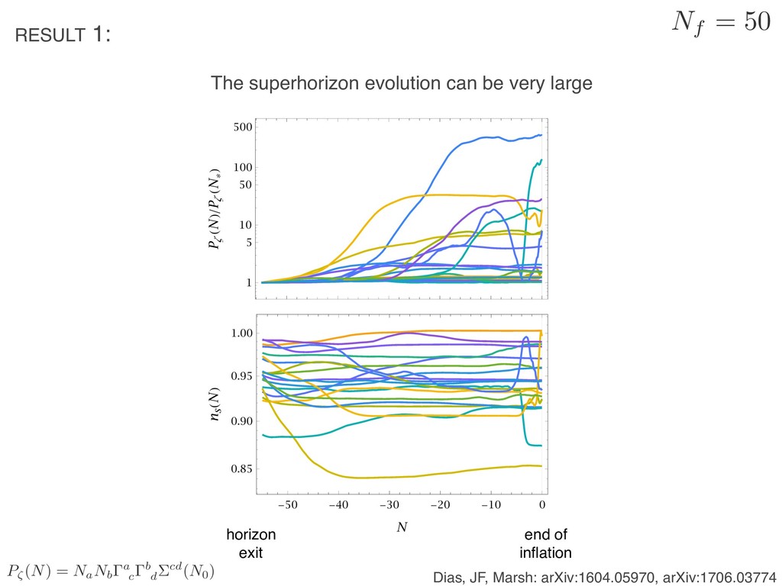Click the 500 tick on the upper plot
[242, 127]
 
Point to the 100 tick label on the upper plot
[242, 167]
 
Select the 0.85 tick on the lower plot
[241, 468]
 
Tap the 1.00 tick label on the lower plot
[241, 333]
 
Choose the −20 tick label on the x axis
[440, 504]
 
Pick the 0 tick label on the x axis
[541, 504]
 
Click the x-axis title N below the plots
[401, 527]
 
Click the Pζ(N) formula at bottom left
[111, 571]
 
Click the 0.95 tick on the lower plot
[241, 376]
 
